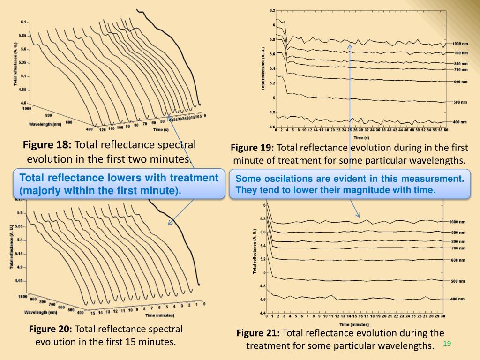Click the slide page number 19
[447, 344]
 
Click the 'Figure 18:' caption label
[47, 145]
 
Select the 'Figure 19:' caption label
[252, 148]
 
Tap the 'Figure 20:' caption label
[51, 330]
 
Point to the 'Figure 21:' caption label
[258, 333]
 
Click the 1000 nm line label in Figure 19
[460, 43]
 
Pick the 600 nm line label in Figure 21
[458, 260]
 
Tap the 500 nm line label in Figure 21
[458, 281]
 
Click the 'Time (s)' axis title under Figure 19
[361, 138]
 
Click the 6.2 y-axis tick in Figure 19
[273, 11]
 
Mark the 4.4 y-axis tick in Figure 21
[262, 313]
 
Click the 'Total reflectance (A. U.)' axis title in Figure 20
[12, 247]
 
